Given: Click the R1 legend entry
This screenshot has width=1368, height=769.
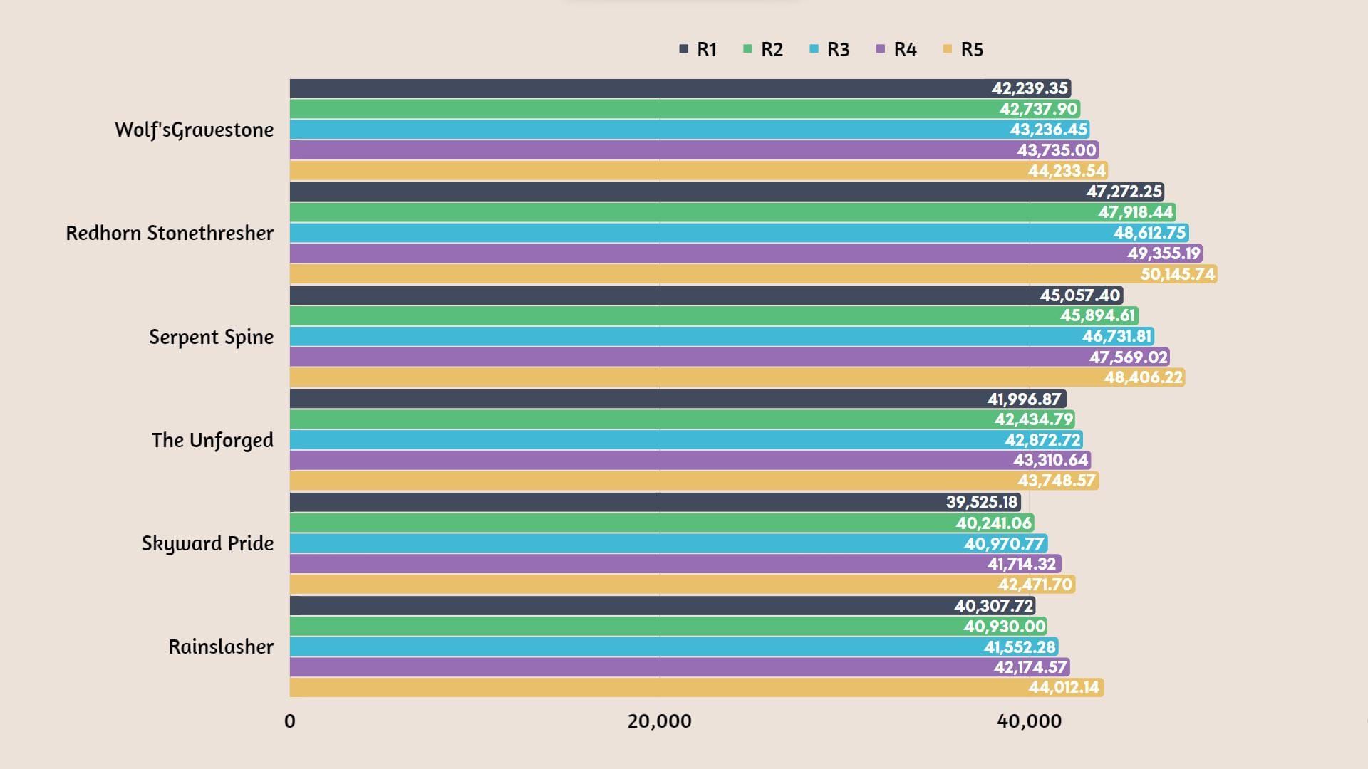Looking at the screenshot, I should [698, 49].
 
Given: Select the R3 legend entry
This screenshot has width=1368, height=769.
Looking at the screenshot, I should [830, 49].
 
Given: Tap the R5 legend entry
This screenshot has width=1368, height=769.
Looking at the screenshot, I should [963, 49].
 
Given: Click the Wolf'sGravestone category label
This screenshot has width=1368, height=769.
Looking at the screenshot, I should [194, 130].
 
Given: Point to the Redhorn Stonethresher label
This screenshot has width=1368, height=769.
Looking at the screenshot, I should [170, 233].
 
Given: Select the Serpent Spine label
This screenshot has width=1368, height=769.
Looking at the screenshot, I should [211, 337].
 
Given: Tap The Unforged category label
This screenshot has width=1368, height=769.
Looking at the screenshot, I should [212, 440].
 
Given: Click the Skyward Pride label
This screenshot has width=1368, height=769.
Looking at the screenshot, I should [207, 543].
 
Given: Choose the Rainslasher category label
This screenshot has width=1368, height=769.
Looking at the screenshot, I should [221, 647].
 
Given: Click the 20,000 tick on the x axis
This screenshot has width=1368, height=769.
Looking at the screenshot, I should [659, 721].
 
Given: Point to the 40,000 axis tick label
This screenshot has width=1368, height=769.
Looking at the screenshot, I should [1029, 721].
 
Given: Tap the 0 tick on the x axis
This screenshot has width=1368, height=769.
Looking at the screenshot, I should [289, 721].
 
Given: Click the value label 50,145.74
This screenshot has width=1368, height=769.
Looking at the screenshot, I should [1178, 274].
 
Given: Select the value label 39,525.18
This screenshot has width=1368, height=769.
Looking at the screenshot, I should [982, 502].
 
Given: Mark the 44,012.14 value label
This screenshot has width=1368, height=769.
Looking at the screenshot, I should [1064, 687].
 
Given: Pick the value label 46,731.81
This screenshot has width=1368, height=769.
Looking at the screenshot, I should [1117, 336].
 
